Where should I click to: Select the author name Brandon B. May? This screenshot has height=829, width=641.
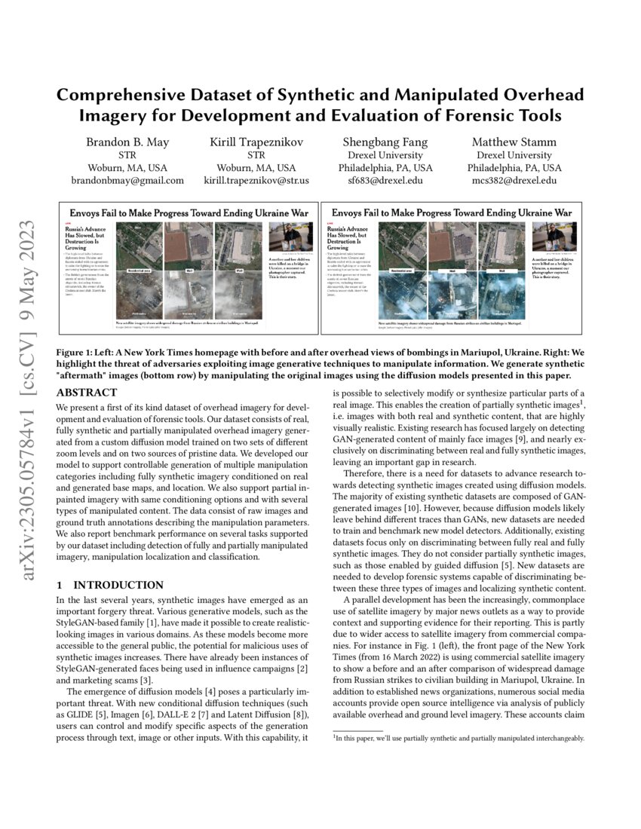coord(127,141)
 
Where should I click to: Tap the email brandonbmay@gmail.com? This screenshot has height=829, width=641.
coord(127,180)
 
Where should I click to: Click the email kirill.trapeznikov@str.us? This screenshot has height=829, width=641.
coord(256,180)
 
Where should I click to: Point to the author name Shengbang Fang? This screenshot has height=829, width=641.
coord(385,141)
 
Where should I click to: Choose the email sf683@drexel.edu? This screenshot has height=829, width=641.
coord(385,180)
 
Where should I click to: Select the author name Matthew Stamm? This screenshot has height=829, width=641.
coord(514,141)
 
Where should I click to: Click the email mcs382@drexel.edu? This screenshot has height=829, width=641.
coord(514,180)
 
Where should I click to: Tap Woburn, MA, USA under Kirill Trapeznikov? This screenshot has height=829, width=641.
coord(256,167)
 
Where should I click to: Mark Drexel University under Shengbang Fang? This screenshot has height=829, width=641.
coord(385,154)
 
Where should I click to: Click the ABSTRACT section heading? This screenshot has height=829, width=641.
coord(87,393)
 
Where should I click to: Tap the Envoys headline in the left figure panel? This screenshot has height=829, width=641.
coord(188,213)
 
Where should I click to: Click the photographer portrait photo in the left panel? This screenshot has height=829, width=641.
coord(286,237)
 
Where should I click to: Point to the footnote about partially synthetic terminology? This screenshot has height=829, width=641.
coord(459,738)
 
